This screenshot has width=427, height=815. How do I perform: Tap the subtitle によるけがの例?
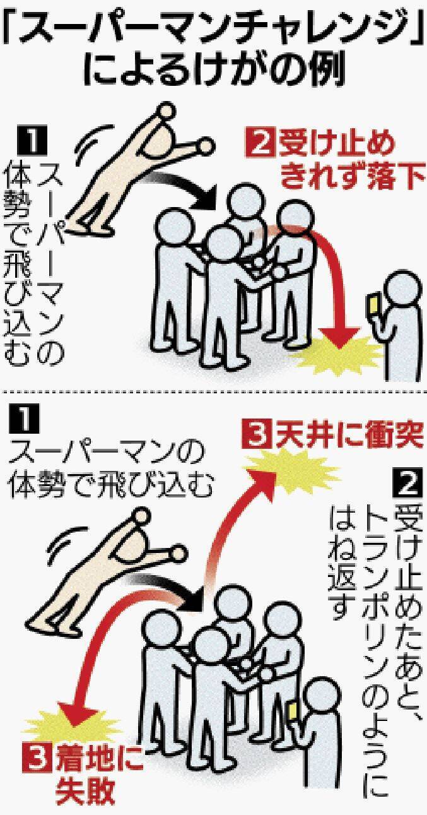(x=214, y=72)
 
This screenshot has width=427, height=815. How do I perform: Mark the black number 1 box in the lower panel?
(x=25, y=419)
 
